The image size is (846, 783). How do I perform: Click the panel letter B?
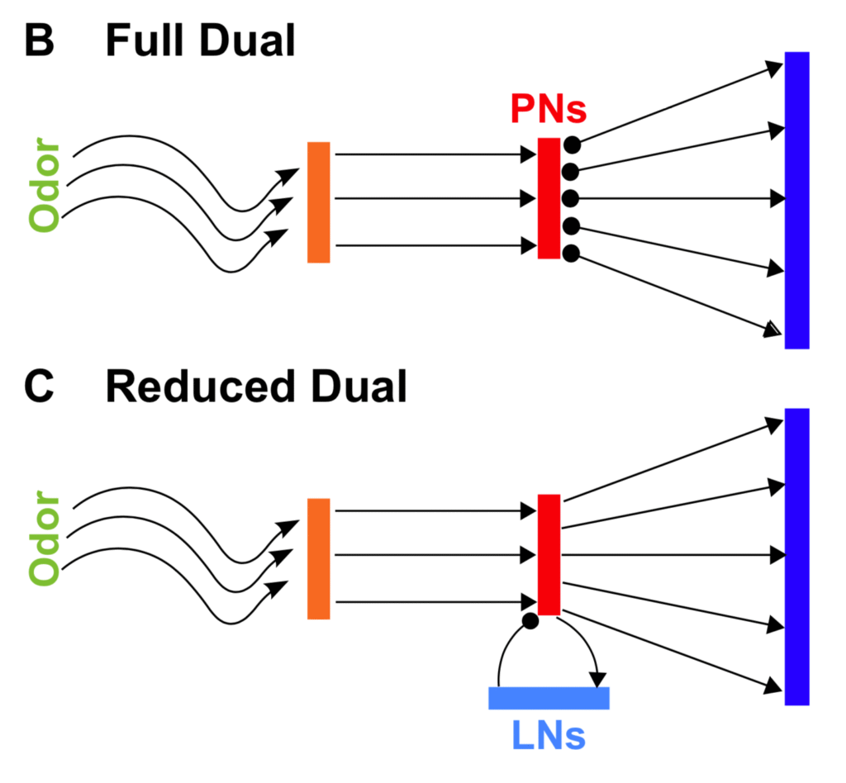(x=39, y=40)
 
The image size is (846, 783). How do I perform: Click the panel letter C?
(x=40, y=387)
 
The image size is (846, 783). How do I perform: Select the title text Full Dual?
(x=200, y=40)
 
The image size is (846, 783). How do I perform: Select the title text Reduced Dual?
(x=256, y=387)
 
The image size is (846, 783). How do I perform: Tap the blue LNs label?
(x=548, y=735)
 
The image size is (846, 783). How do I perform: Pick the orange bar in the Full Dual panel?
(x=319, y=202)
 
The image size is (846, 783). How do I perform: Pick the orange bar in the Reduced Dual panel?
(x=319, y=558)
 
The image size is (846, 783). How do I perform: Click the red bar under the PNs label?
(x=549, y=198)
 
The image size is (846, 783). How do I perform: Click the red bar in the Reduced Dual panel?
(x=549, y=554)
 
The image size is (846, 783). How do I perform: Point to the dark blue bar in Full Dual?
(x=796, y=200)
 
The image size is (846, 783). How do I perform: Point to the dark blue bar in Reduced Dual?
(x=796, y=556)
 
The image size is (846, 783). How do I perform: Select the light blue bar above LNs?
(x=549, y=698)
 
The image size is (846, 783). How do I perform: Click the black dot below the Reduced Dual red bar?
(x=531, y=620)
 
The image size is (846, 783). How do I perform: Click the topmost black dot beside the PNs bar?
(x=572, y=145)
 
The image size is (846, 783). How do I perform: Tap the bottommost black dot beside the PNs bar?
(x=572, y=253)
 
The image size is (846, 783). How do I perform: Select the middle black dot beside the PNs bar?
(x=571, y=198)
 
